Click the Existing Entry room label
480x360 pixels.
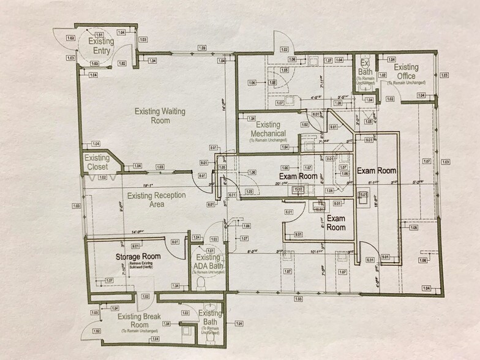pos(100,46)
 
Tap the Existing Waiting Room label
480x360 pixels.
pos(152,116)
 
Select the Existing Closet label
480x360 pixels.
pos(97,162)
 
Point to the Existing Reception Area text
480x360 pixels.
pos(154,200)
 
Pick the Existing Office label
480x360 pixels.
pos(406,72)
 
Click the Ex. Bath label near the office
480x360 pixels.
pos(365,68)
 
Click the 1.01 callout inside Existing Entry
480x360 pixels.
pos(99,34)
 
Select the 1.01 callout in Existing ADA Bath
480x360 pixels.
pos(211,251)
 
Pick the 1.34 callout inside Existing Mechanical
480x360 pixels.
pos(251,119)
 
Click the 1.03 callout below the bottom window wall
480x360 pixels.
pos(298,299)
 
